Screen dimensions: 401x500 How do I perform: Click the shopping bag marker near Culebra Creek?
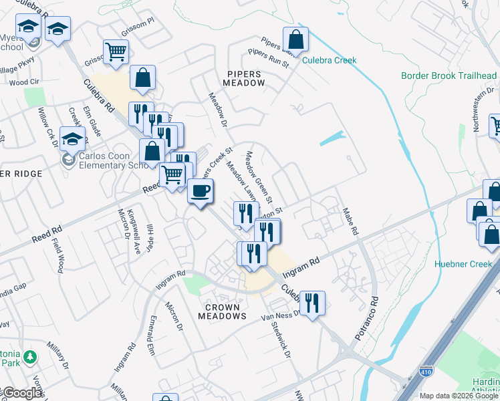pos(295,40)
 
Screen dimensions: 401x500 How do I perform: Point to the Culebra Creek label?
pos(329,61)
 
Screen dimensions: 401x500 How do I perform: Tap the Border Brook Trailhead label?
pos(449,76)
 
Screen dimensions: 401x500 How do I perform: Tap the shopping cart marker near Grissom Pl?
pos(116,53)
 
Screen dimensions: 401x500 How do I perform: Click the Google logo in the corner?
pos(21,393)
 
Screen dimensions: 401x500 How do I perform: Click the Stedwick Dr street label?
pos(281,341)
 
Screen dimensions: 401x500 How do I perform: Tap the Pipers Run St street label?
pos(267,58)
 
